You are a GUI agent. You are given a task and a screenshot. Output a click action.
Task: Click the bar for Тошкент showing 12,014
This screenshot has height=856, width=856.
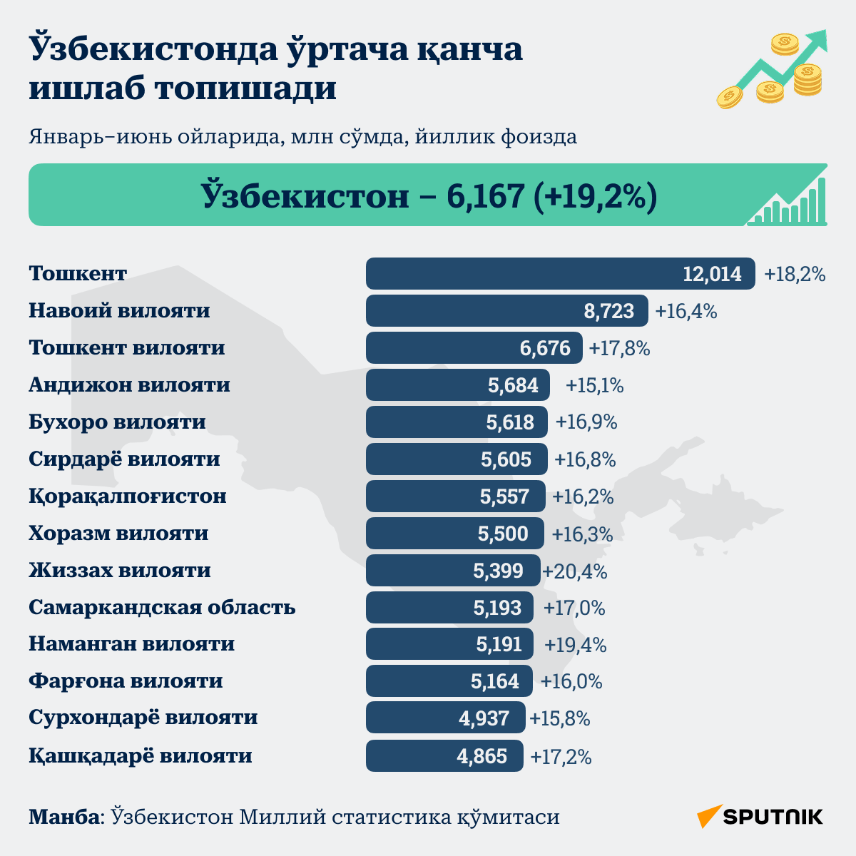[x=560, y=274]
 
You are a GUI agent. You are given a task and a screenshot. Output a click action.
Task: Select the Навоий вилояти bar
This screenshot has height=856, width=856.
[x=507, y=310]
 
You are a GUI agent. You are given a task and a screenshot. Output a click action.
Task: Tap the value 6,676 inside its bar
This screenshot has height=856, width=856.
[x=545, y=348]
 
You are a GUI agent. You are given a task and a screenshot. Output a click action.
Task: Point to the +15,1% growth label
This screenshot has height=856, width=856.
[x=594, y=386]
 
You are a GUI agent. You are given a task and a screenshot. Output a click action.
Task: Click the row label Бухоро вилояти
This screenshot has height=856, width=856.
[x=117, y=422]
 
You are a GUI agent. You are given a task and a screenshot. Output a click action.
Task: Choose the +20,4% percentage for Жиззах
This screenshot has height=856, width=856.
[x=575, y=571]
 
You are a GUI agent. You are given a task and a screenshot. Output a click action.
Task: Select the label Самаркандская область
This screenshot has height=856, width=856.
[x=162, y=607]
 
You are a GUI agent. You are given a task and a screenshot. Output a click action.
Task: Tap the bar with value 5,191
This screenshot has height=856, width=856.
[x=449, y=643]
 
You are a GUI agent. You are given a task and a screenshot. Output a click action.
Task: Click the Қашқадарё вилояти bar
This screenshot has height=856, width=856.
[x=444, y=755]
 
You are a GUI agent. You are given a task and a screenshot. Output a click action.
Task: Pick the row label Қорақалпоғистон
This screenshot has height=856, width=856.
[x=128, y=496]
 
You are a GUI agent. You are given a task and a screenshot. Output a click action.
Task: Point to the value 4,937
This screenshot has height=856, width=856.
[x=484, y=719]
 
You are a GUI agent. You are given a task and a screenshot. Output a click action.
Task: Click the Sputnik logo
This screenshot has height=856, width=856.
[x=760, y=817]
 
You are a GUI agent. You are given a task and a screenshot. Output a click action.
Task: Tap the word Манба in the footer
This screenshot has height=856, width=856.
[x=65, y=817]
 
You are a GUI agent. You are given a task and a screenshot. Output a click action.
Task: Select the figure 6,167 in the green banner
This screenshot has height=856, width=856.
[x=485, y=195]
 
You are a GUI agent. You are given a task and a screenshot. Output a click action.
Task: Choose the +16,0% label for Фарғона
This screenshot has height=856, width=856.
[x=571, y=681]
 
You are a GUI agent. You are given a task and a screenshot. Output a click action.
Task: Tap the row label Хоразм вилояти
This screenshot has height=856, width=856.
[x=118, y=533]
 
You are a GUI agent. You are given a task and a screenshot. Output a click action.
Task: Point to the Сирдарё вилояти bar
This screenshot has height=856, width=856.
[x=457, y=459]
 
